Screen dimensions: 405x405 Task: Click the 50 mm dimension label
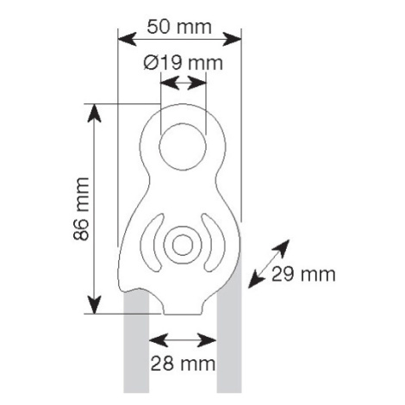[179, 27]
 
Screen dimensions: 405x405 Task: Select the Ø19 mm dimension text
[183, 63]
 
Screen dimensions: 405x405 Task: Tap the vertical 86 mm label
[81, 209]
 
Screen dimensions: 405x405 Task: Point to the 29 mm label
[303, 274]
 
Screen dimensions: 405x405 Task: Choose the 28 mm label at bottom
[183, 364]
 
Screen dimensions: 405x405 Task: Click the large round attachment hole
[183, 146]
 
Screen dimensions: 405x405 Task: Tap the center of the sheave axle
[183, 245]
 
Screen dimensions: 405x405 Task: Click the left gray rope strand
[136, 342]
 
